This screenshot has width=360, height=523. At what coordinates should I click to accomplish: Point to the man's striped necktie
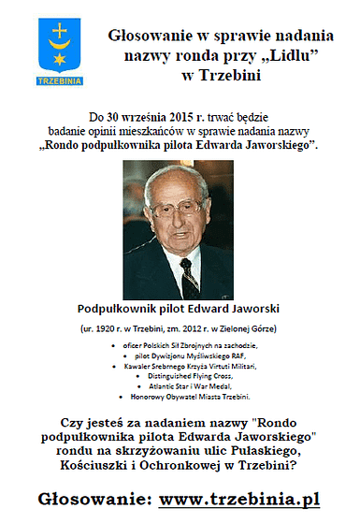[x=190, y=277]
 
